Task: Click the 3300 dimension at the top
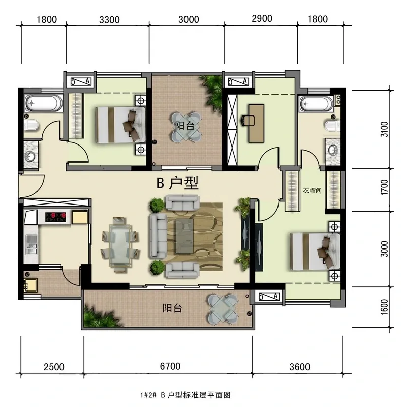[x=109, y=20]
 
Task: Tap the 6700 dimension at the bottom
[x=170, y=366]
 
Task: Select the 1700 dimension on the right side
[x=384, y=187]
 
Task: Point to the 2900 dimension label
[x=262, y=19]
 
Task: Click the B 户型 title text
[x=177, y=183]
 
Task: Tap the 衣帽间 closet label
[x=312, y=190]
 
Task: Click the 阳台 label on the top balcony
[x=184, y=126]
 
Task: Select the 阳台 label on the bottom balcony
[x=172, y=308]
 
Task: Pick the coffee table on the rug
[x=184, y=236]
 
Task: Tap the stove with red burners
[x=55, y=217]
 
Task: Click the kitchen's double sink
[x=32, y=245]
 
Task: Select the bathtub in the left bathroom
[x=44, y=103]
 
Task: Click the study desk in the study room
[x=256, y=124]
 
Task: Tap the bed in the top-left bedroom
[x=120, y=125]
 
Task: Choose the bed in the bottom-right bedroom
[x=315, y=251]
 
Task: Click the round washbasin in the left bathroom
[x=30, y=157]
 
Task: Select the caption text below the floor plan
[x=186, y=395]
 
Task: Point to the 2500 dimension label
[x=54, y=367]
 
